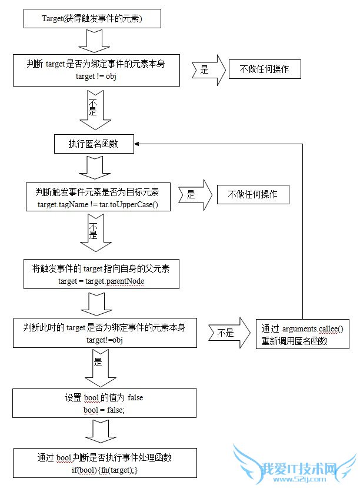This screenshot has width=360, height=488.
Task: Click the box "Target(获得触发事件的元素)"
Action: click(x=92, y=19)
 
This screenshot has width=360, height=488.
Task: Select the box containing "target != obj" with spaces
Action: click(x=96, y=69)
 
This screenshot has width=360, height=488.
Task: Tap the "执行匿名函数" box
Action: click(x=93, y=143)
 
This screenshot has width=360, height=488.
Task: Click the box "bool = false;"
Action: click(x=104, y=403)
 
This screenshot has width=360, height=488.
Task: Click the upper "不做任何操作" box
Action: click(x=265, y=69)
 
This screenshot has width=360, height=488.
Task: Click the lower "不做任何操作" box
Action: click(x=253, y=194)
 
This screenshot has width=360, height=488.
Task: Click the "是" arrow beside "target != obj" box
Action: click(x=209, y=69)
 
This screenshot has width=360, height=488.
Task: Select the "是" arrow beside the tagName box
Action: click(x=194, y=194)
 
